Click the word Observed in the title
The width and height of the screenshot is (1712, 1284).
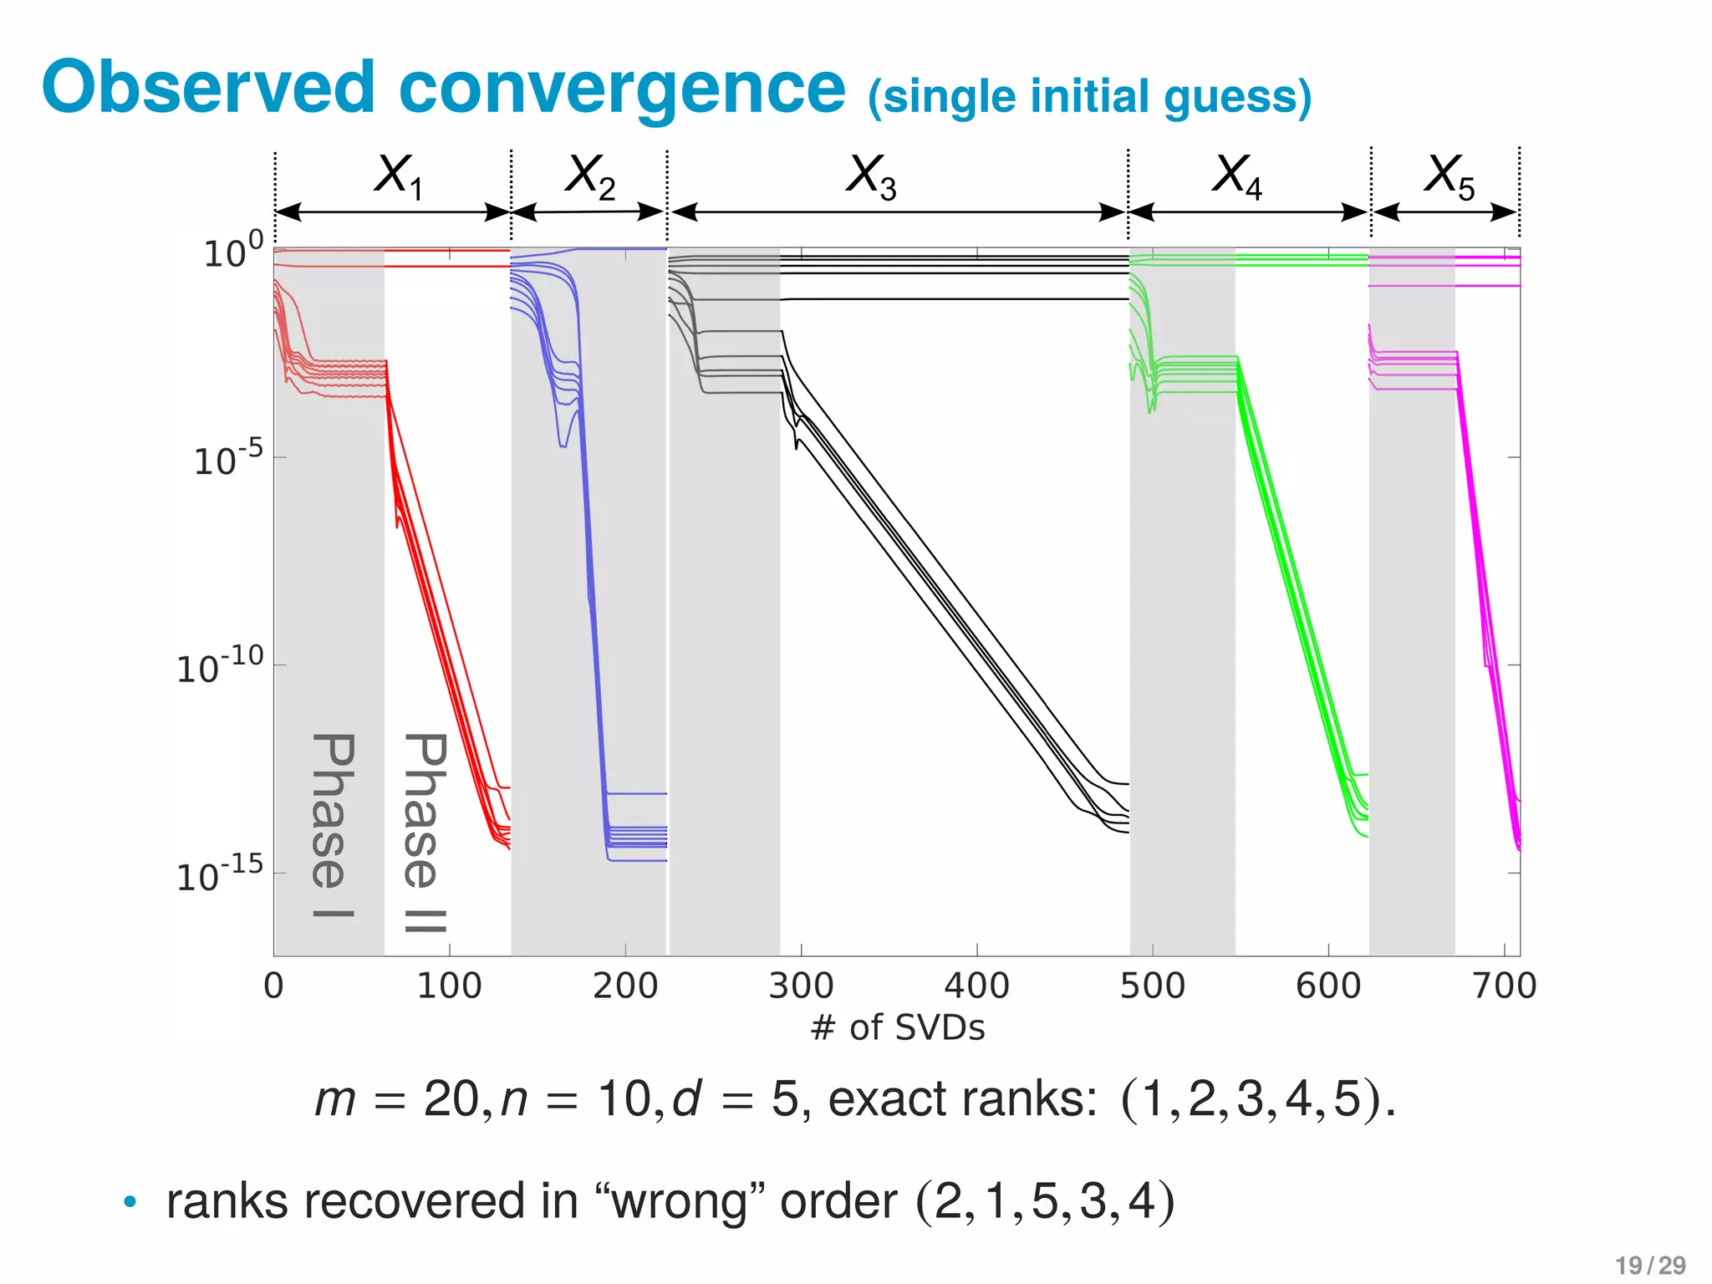pyautogui.click(x=209, y=88)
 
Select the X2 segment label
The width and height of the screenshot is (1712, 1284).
pyautogui.click(x=590, y=176)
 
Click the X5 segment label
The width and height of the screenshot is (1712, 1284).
pyautogui.click(x=1450, y=176)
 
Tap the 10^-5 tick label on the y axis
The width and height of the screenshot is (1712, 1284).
pyautogui.click(x=227, y=458)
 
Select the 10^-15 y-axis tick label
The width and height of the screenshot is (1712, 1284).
pyautogui.click(x=220, y=874)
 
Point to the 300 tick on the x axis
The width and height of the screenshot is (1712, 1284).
pyautogui.click(x=801, y=986)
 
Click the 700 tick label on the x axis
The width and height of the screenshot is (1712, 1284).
pyautogui.click(x=1504, y=986)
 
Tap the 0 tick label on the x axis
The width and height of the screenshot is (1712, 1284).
pyautogui.click(x=273, y=986)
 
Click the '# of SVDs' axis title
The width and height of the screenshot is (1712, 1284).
pyautogui.click(x=898, y=1027)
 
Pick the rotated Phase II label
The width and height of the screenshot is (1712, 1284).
pyautogui.click(x=425, y=832)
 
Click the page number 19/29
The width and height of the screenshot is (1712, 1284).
pyautogui.click(x=1650, y=1266)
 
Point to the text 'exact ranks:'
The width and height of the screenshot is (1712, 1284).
pyautogui.click(x=962, y=1098)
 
